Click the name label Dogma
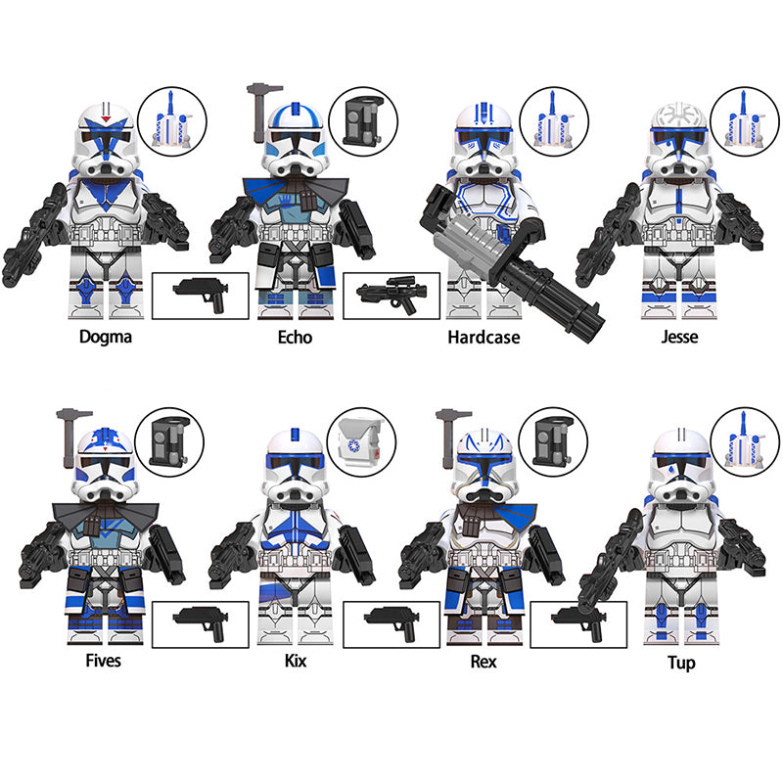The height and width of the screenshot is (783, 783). (x=106, y=337)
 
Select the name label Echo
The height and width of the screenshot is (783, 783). (x=295, y=337)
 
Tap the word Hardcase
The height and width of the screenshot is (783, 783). (x=484, y=337)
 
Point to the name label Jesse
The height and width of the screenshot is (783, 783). (x=679, y=337)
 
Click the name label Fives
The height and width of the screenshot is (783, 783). (x=104, y=661)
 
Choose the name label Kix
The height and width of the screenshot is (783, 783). (x=296, y=661)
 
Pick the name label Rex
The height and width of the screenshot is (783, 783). (x=484, y=662)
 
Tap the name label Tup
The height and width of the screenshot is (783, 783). (x=681, y=664)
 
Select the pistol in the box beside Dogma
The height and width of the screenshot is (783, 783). (x=201, y=294)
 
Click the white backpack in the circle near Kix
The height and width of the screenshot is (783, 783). (x=360, y=442)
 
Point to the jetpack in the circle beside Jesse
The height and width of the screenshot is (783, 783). (x=743, y=121)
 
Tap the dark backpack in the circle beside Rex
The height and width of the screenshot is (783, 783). (x=552, y=441)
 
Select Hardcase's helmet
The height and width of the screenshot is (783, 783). (x=483, y=139)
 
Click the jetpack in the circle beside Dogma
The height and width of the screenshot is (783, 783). (x=172, y=121)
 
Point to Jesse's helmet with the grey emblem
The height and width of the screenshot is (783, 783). (x=679, y=139)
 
